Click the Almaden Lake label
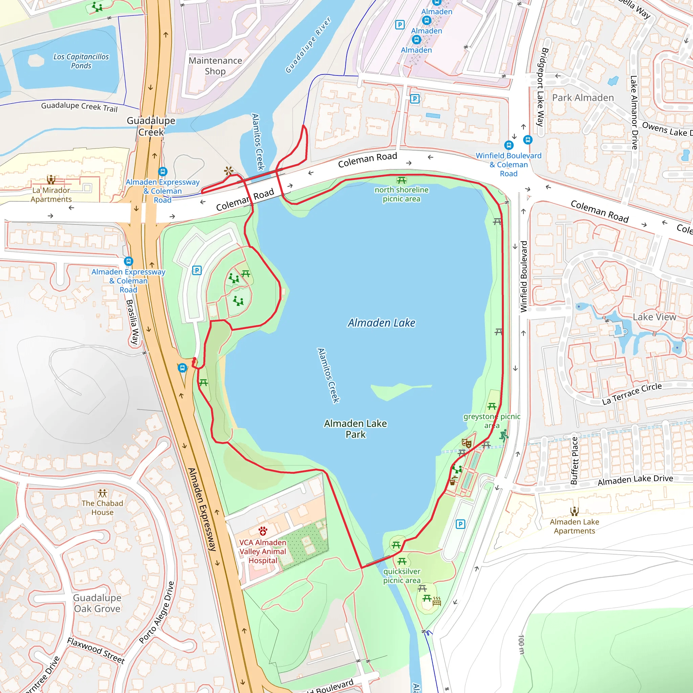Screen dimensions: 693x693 pos(381,323)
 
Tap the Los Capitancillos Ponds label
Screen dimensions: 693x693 pos(81,61)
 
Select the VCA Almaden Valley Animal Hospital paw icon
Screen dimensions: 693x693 pos(263,531)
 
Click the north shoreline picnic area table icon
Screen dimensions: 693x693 pos(401,180)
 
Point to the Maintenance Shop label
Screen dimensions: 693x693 pos(215,66)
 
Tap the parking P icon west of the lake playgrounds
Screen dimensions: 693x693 pos(197,270)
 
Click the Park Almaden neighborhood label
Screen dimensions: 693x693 pos(583,97)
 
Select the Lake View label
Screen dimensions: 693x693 pos(654,317)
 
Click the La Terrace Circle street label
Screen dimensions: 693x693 pos(632,394)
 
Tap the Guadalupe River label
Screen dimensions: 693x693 pos(308,45)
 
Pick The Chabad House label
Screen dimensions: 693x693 pos(102,508)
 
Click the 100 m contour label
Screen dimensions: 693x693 pos(521,644)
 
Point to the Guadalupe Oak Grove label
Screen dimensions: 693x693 pos(97,603)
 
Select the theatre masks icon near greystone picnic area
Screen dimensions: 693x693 pos(466,443)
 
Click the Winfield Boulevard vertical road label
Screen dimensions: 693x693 pos(524,276)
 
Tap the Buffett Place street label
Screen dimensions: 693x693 pos(574,461)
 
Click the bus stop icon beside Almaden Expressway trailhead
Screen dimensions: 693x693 pos(182,368)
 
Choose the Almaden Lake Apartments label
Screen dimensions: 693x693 pos(574,526)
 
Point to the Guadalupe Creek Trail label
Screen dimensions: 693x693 pos(79,107)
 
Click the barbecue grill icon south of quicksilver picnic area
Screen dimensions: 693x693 pos(437,601)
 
